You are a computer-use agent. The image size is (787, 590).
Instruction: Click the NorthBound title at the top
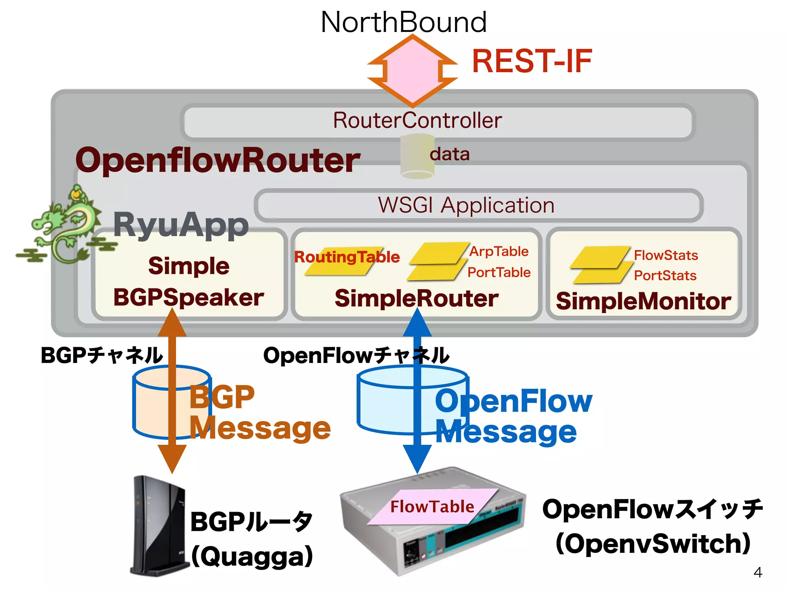(x=403, y=22)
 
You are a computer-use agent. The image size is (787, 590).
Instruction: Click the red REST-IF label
(x=532, y=61)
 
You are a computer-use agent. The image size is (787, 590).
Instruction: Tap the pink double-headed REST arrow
(x=412, y=71)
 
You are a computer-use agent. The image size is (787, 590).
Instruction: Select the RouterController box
(x=438, y=121)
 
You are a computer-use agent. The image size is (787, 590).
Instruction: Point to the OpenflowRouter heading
(x=218, y=160)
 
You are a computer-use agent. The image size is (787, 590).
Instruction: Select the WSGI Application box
(x=478, y=205)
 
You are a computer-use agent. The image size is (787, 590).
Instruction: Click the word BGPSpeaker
(x=188, y=297)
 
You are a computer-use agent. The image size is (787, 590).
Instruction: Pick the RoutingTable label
(x=347, y=257)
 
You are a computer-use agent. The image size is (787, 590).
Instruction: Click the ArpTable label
(x=499, y=251)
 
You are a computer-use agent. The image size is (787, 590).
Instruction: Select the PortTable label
(x=499, y=272)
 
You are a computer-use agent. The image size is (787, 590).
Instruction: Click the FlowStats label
(x=666, y=255)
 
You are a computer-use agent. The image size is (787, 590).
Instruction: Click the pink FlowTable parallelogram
(x=432, y=506)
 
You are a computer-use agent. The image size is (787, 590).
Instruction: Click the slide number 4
(x=757, y=572)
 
